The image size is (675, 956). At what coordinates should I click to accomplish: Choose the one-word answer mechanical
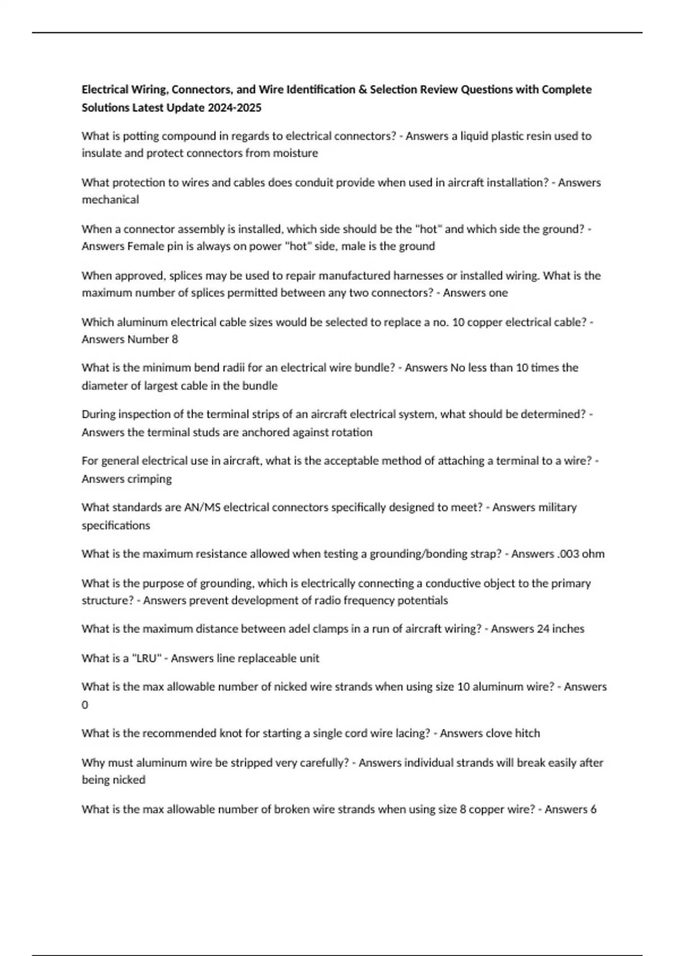[x=110, y=200]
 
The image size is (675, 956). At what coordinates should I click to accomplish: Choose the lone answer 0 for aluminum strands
[x=85, y=705]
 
